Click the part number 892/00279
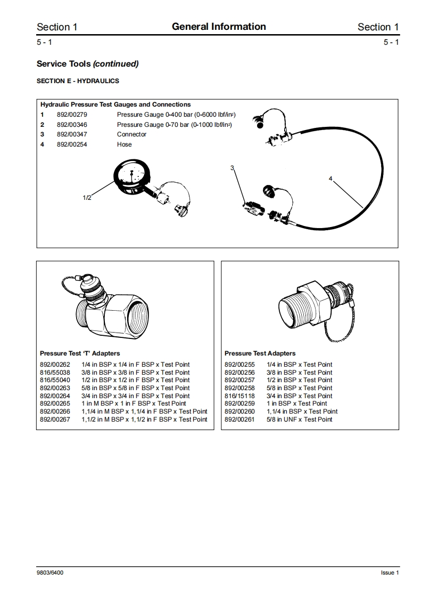72,115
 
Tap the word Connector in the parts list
131,134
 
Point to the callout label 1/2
87,198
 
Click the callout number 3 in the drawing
232,168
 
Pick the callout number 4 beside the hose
330,179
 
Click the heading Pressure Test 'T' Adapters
80,353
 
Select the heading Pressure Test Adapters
260,353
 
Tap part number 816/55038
55,373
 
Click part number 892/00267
55,419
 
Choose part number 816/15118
239,396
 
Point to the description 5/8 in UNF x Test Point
299,419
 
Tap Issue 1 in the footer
390,572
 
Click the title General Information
219,27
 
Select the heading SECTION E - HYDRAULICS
78,81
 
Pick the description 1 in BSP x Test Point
296,403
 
